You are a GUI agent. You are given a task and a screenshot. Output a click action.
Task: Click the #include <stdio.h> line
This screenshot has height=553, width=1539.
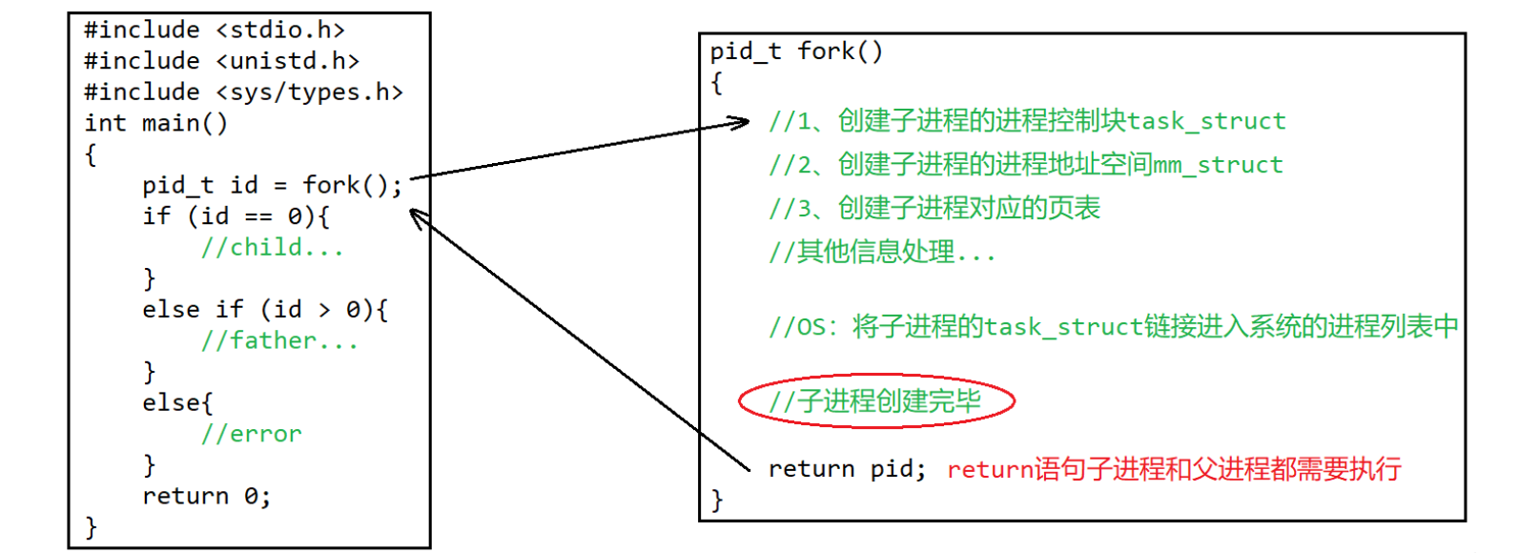coord(214,30)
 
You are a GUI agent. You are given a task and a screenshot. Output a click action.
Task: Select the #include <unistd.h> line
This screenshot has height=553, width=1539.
coord(221,61)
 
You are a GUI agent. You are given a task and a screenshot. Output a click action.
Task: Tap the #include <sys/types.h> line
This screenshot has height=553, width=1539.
coord(243,92)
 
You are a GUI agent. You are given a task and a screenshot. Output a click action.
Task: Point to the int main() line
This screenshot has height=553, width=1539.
coord(155,123)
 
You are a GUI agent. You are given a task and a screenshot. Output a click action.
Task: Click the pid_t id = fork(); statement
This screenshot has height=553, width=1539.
coord(272,185)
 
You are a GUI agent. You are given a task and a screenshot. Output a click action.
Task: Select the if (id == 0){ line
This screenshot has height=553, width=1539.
coord(236,216)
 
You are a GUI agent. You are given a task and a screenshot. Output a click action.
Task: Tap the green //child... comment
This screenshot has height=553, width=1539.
coord(272,248)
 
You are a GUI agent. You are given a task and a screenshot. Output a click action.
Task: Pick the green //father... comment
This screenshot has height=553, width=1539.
coord(279,340)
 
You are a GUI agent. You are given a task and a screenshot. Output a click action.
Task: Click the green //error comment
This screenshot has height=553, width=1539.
coord(251,434)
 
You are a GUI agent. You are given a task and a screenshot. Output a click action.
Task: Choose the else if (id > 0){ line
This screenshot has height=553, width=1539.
coord(265,310)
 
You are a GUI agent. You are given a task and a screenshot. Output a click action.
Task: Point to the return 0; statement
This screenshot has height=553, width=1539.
coord(206,496)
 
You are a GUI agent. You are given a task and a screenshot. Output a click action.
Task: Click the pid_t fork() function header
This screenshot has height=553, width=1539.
coord(796,51)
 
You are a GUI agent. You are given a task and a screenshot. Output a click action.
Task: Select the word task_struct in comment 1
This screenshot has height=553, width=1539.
coord(1206,121)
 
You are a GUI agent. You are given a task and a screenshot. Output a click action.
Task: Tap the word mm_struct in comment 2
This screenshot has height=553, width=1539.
coord(1218,165)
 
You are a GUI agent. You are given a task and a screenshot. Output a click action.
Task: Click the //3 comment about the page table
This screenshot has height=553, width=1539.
coord(934,208)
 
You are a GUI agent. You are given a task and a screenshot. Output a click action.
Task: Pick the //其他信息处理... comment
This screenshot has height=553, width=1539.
coord(882,252)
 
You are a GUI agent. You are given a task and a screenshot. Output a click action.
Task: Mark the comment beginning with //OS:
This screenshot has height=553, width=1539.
coord(1113,327)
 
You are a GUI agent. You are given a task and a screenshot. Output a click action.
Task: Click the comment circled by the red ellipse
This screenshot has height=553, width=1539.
coord(875,401)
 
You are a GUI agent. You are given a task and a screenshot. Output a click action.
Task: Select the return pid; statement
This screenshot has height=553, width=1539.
coord(847,469)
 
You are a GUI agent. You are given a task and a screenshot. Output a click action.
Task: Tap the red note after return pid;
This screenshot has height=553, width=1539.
coord(1174,469)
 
